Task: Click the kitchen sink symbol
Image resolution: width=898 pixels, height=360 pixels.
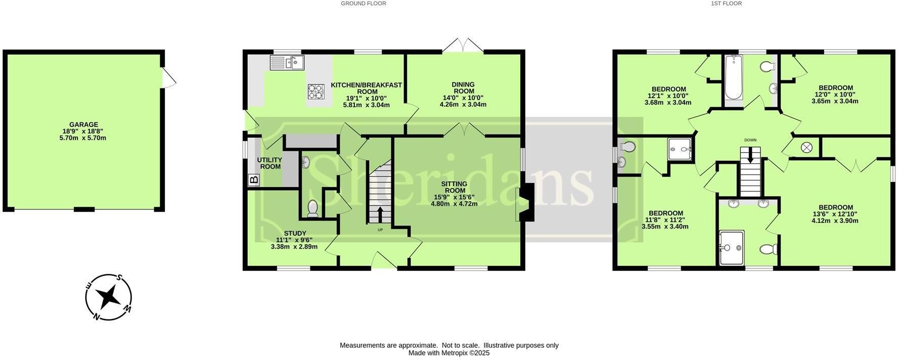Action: coord(287,63)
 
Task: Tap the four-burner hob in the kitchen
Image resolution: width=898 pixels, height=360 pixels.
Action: coord(316,91)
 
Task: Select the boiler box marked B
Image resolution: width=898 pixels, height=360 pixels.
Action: coord(254,179)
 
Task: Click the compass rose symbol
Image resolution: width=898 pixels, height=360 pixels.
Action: coord(109,297)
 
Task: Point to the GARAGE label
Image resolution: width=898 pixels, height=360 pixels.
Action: coord(84,124)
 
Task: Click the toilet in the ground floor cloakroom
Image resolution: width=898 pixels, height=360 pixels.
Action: coord(312,208)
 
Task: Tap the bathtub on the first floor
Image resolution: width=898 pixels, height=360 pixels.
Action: coord(733,78)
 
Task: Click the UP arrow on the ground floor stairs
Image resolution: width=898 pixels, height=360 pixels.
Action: coord(380,214)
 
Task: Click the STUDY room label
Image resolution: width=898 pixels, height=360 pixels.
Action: coord(295,233)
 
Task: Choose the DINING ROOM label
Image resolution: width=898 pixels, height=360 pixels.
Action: coord(463,87)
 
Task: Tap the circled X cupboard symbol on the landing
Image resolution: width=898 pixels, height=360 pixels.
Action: coord(806,148)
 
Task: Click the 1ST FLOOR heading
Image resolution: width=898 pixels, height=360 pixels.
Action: coord(726,4)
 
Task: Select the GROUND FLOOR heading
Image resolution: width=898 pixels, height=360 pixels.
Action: coord(364,4)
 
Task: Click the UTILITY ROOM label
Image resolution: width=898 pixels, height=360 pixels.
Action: coord(270,163)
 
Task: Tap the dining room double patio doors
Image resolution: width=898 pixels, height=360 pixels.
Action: coord(463,45)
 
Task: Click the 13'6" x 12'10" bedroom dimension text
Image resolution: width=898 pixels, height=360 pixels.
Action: coord(835,214)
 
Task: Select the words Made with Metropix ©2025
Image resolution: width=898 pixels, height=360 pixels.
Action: coord(449,353)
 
